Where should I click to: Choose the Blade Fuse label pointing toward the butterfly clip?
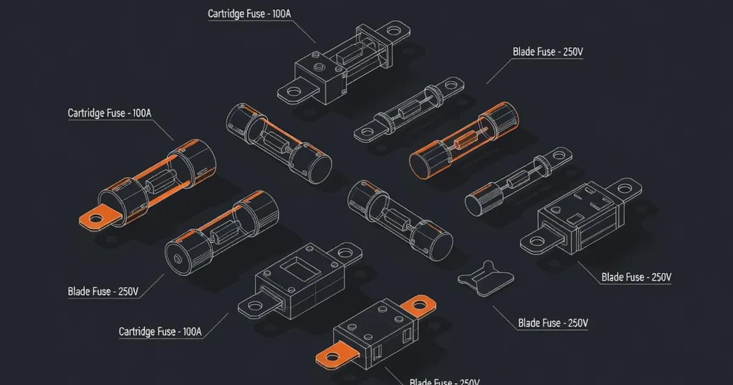coord(552,322)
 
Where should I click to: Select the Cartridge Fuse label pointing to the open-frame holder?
coord(254,13)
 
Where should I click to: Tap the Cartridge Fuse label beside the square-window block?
coord(159,332)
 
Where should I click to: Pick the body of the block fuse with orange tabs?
coord(373,333)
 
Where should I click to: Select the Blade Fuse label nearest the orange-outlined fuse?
coord(547,52)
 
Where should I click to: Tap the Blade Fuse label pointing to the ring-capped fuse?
coord(98,291)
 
